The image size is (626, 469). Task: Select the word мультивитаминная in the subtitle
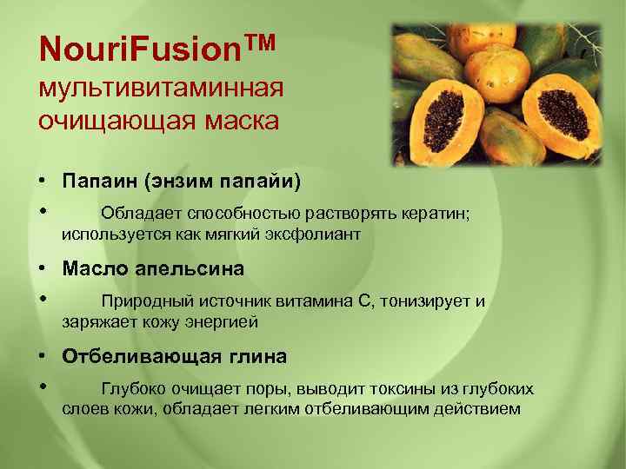pyautogui.click(x=161, y=88)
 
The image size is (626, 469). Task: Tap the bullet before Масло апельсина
pyautogui.click(x=42, y=269)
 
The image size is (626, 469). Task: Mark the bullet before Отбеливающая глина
pyautogui.click(x=42, y=357)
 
